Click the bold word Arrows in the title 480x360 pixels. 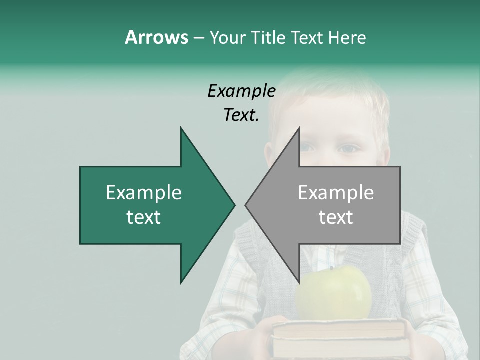(156, 37)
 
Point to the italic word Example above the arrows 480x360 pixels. (241, 91)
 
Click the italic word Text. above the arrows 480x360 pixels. (241, 115)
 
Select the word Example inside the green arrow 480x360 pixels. (144, 193)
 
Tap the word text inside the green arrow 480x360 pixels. (144, 217)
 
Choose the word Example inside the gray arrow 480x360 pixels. (336, 193)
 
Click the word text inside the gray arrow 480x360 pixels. (336, 217)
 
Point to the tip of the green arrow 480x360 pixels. (234, 205)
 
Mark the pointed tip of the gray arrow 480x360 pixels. (246, 205)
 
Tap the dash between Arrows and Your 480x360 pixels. (198, 38)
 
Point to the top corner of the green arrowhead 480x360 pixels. (181, 128)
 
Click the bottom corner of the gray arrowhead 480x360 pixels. (299, 283)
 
